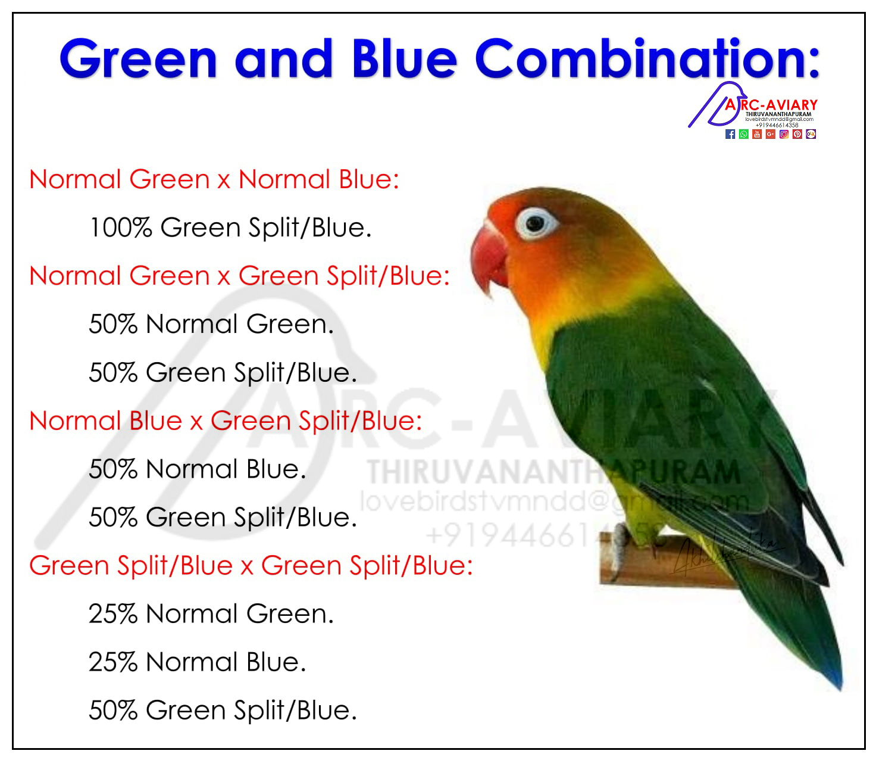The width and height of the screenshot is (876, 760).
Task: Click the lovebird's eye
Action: point(536,223)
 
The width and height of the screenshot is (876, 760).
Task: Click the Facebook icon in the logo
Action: point(730,135)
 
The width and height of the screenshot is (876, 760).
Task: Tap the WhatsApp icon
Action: point(744,135)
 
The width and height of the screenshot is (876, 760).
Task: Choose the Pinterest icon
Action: point(797,135)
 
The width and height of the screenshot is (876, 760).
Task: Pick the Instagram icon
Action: point(784,135)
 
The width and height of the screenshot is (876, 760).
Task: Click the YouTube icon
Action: point(757,135)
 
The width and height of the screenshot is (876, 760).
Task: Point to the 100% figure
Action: point(121,228)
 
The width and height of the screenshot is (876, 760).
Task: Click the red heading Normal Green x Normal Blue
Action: point(214,179)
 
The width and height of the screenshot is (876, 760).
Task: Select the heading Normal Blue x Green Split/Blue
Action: point(226,421)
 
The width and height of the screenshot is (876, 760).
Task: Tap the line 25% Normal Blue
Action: point(197,662)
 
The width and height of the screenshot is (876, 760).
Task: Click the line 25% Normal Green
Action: point(211,613)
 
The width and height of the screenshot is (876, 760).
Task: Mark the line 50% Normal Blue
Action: point(197,469)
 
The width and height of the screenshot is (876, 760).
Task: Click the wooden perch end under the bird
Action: point(613,566)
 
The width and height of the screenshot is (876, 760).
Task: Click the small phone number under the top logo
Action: point(777,125)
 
